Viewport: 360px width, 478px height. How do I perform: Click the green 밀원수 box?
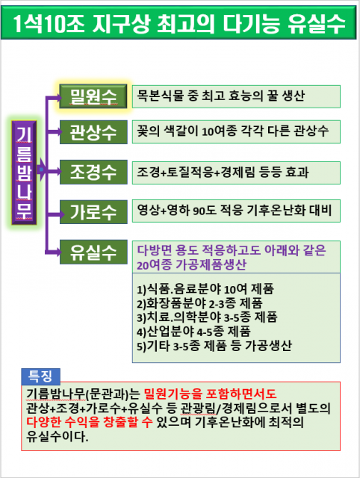coord(93,96)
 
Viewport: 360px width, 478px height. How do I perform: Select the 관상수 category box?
coord(93,132)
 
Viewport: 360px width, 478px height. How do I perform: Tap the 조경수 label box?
coord(93,172)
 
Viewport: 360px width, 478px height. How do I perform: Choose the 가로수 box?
coord(93,212)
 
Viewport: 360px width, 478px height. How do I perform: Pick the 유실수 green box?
coord(93,252)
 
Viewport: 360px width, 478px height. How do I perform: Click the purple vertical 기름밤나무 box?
coord(24,173)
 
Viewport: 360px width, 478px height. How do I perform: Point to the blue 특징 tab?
coord(40,376)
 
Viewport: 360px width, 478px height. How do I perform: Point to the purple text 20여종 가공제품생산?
coord(191,264)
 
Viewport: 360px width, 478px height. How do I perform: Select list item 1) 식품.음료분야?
coord(205,289)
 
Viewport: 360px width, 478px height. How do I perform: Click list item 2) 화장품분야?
coord(199,303)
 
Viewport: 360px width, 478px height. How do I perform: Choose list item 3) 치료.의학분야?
coord(207,317)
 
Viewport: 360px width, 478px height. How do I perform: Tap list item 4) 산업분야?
coord(193,332)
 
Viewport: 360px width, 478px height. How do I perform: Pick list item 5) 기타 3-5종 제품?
coord(214,346)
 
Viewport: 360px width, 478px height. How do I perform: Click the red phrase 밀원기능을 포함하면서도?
coord(210,394)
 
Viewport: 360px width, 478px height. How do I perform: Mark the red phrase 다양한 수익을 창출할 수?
coord(90,422)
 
